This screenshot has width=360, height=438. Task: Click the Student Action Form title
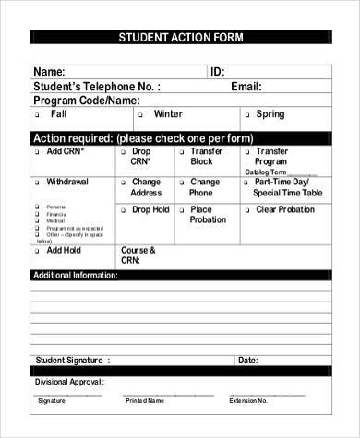pyautogui.click(x=179, y=38)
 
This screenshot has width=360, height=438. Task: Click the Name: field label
pyautogui.click(x=49, y=72)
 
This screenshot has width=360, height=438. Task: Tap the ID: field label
pyautogui.click(x=218, y=72)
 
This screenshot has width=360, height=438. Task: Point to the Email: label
pyautogui.click(x=246, y=87)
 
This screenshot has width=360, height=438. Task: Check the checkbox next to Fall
pyautogui.click(x=37, y=116)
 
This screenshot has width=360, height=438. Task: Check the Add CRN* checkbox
pyautogui.click(x=37, y=152)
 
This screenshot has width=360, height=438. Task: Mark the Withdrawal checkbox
pyautogui.click(x=37, y=183)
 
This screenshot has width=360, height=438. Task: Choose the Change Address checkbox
pyautogui.click(x=123, y=183)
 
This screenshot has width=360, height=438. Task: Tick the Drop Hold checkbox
pyautogui.click(x=123, y=211)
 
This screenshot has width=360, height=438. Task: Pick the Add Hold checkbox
pyautogui.click(x=37, y=251)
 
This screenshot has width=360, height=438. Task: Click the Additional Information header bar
pyautogui.click(x=76, y=276)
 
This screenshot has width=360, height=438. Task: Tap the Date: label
pyautogui.click(x=248, y=360)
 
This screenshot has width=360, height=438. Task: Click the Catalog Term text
pyautogui.click(x=268, y=172)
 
